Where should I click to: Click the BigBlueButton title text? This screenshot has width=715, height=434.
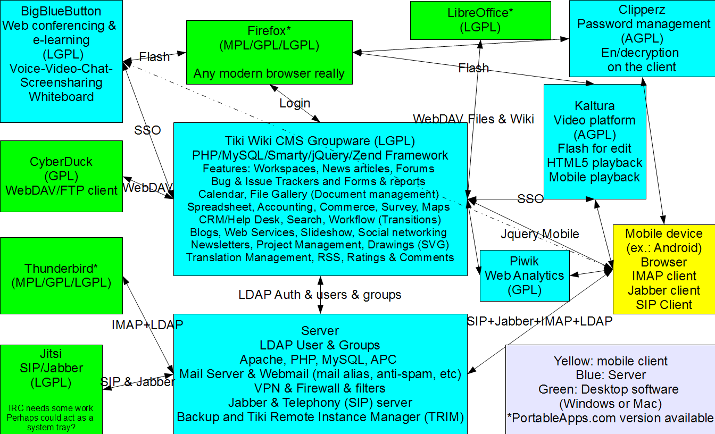[61, 12]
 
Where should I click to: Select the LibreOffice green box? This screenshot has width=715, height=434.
[480, 20]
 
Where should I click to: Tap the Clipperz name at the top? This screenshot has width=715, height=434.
[642, 10]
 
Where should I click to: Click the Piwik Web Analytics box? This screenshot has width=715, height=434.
[525, 276]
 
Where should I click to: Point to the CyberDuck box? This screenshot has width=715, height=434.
[61, 176]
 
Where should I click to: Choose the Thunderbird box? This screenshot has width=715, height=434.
[61, 276]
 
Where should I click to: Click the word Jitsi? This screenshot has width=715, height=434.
[51, 354]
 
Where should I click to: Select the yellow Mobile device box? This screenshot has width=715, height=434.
[664, 269]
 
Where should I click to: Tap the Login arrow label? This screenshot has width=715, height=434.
[295, 103]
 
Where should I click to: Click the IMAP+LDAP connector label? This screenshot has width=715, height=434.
[147, 325]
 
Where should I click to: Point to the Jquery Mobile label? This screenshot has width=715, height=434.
[540, 234]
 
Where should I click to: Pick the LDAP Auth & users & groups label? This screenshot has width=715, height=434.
[320, 295]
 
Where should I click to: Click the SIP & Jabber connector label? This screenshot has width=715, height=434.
[138, 382]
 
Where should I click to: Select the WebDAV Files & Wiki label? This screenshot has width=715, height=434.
[473, 119]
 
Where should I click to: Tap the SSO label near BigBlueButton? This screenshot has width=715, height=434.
[147, 130]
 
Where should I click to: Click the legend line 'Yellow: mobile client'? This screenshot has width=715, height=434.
[610, 361]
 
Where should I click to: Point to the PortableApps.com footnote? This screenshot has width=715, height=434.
[610, 418]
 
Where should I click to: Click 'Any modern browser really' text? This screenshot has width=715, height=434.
[269, 74]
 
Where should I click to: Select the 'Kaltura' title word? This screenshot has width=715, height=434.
[595, 106]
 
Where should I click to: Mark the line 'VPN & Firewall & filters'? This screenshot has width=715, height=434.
[320, 388]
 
